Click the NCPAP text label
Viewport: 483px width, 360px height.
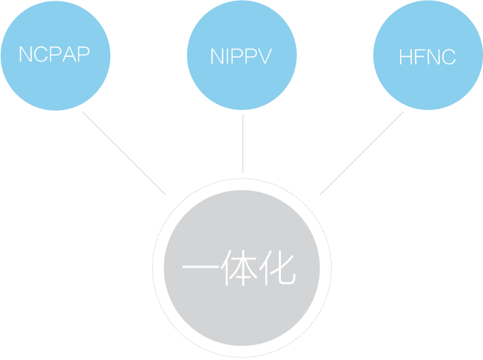pos(55,55)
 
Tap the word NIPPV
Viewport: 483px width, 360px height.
pos(241,56)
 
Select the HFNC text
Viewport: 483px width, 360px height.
pos(427,57)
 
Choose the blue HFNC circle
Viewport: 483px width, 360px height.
pos(427,86)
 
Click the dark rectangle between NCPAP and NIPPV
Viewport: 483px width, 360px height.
pos(149,22)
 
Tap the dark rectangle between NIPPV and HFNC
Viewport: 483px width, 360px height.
pos(334,22)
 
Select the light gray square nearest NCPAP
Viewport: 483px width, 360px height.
pos(123,153)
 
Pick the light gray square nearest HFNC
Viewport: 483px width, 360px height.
pos(361,153)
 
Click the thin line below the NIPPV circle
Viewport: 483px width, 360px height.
pos(243,144)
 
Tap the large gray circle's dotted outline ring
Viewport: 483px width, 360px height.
pos(153,268)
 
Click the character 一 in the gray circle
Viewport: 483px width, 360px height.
pos(199,270)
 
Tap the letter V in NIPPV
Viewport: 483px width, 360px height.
pos(265,56)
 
